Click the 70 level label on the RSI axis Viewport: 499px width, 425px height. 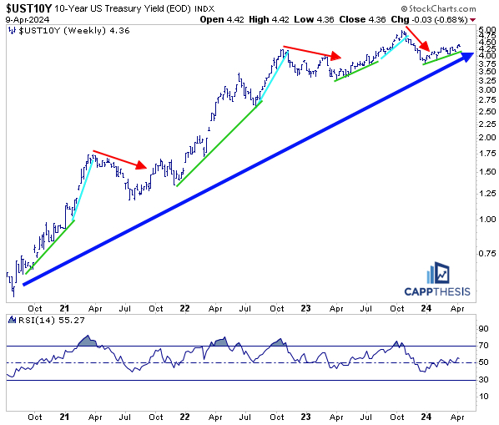(482, 345)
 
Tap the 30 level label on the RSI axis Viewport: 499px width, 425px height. (482, 380)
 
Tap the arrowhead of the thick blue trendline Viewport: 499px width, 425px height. (461, 55)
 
